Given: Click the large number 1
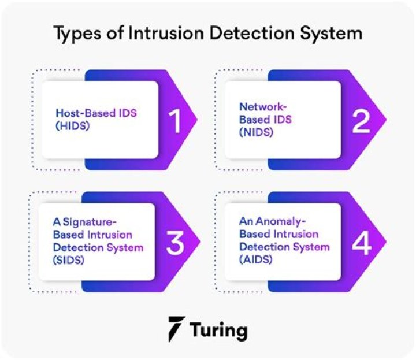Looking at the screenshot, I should [x=174, y=120].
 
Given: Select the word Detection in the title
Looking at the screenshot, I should [x=253, y=32].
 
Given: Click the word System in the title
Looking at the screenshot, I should [x=332, y=34].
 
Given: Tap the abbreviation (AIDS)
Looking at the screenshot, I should [x=255, y=260].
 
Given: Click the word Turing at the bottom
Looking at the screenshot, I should [x=221, y=330].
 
